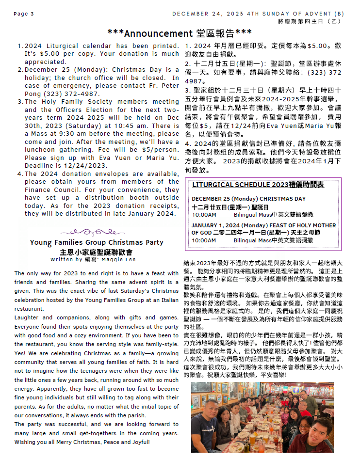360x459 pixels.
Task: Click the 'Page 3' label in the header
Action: point(24,14)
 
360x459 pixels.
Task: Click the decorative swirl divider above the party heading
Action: point(97,232)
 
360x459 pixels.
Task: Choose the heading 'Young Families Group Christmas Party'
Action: point(97,242)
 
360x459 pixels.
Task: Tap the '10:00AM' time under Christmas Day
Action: point(204,214)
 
